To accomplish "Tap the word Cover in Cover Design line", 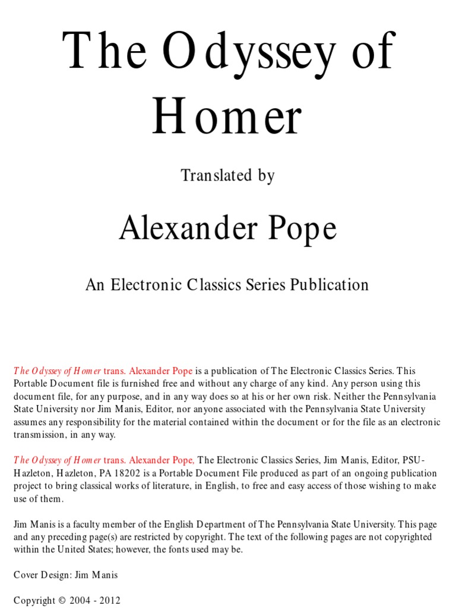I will (26, 575).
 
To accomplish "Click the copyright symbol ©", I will (62, 600).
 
